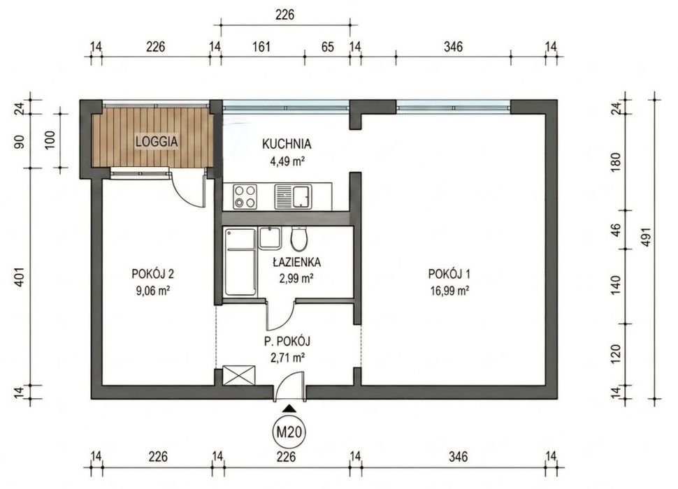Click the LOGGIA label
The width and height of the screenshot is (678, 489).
[x=157, y=141]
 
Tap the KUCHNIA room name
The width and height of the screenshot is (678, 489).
[x=287, y=144]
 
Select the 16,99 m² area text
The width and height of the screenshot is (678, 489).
[x=449, y=291]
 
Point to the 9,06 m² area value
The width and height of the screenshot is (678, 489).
[x=152, y=291]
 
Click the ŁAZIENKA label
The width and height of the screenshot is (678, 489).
[x=296, y=262]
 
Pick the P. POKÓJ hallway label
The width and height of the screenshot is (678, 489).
[x=287, y=342]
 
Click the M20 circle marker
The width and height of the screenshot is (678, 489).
[x=289, y=432]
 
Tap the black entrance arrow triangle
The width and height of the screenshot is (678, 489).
[x=289, y=408]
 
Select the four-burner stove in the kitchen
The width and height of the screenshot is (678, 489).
[x=245, y=196]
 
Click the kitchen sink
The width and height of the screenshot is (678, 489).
[x=293, y=196]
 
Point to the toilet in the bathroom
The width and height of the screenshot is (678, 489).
[x=299, y=239]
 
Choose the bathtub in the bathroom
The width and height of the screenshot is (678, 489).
[x=240, y=262]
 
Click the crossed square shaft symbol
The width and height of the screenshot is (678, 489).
[x=238, y=375]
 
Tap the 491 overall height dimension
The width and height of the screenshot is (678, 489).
[x=646, y=237]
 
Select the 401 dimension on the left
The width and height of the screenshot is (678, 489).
[x=19, y=277]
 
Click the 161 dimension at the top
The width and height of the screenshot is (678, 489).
[x=261, y=46]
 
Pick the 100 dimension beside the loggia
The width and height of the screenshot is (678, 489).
[x=50, y=140]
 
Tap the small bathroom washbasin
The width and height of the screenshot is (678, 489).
[x=271, y=238]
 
